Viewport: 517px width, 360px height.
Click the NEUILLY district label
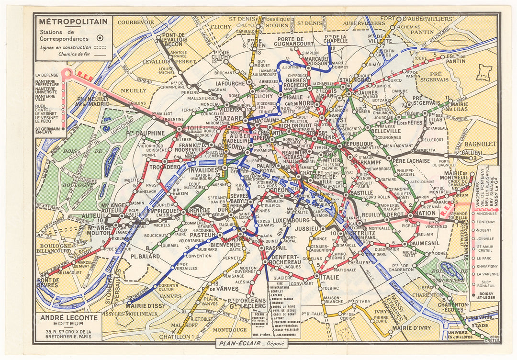(x=134, y=90)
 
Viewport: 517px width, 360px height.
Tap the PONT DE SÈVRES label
(x=49, y=282)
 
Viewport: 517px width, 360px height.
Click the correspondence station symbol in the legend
(x=99, y=38)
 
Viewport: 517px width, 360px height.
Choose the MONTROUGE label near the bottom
(x=230, y=329)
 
